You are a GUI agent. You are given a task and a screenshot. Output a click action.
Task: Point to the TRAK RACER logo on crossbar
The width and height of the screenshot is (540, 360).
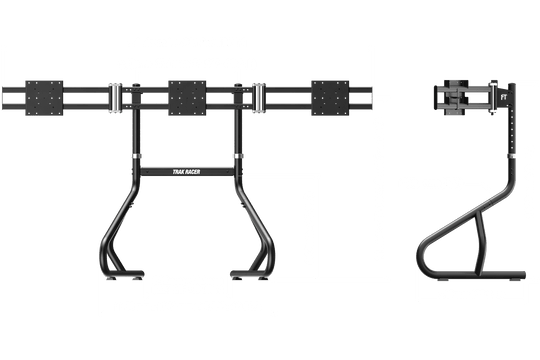(188, 170)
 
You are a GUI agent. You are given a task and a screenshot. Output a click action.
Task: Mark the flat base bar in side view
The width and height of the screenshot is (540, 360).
(470, 273)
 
